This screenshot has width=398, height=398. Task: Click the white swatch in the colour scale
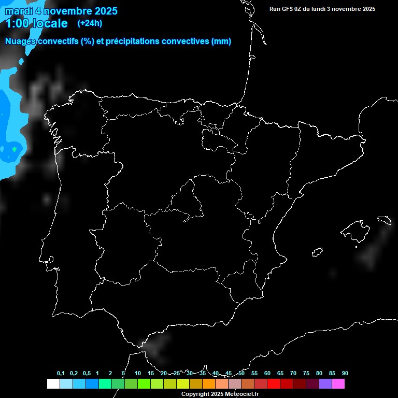(x=53, y=383)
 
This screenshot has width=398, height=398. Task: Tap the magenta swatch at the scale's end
(x=338, y=383)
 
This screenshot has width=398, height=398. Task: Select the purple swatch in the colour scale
(x=325, y=383)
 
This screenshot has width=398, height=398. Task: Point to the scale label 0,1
(x=61, y=374)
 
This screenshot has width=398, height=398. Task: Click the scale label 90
(x=345, y=374)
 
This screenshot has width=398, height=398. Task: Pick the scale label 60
(x=267, y=374)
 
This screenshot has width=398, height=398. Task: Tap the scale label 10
(x=137, y=374)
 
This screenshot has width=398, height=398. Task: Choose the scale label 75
(x=306, y=374)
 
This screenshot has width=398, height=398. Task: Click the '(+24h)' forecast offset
(x=90, y=23)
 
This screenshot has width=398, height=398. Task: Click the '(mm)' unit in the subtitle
(x=221, y=41)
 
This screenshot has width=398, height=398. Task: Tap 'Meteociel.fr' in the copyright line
(x=240, y=394)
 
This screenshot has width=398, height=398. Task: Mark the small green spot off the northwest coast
(x=14, y=149)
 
